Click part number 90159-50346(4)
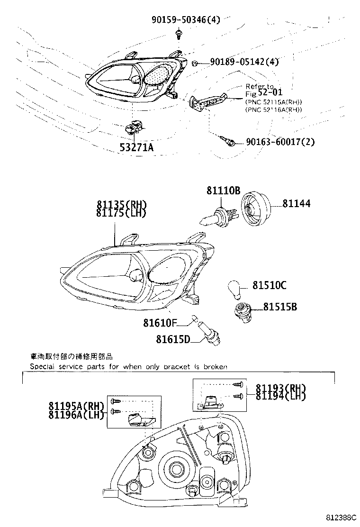[186, 20]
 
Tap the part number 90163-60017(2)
[280, 142]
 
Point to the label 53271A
[136, 147]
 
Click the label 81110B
[223, 191]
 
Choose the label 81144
[297, 203]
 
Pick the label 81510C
[269, 285]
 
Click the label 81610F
[160, 323]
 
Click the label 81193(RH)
[280, 387]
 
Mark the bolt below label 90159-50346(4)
[179, 34]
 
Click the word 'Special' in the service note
[43, 366]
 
